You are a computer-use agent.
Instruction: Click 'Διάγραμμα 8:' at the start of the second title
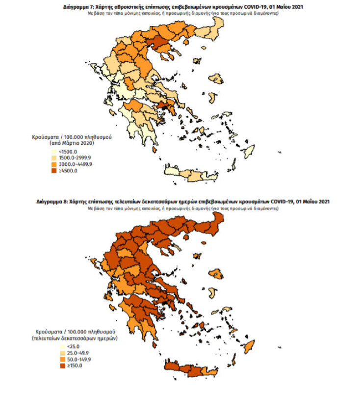(x=53, y=202)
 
